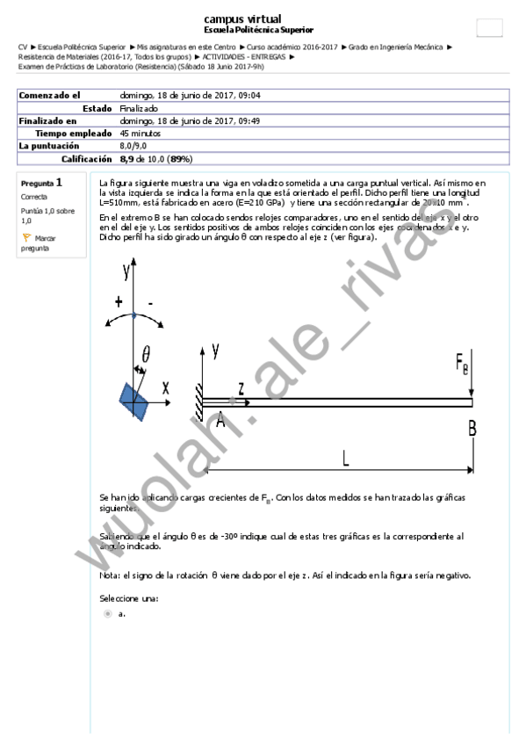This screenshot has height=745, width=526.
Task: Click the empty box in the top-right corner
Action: coord(489,27)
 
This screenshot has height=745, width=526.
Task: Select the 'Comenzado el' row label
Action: coord(49,95)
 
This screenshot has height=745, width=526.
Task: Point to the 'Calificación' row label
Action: coord(86,159)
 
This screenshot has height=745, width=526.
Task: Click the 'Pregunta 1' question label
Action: coord(40,184)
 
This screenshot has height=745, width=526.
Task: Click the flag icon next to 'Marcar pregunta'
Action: coord(26,237)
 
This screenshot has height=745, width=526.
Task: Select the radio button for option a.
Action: coord(108,613)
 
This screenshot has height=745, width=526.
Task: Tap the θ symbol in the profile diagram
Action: coord(146,354)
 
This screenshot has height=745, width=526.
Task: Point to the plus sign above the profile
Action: coord(119,302)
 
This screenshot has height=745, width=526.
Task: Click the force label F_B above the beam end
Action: coord(463,363)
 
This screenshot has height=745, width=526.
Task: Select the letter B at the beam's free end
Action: coord(472,428)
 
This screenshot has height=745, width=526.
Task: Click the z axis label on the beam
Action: coord(241,387)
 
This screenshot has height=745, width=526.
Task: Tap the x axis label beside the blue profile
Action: coord(164,387)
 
